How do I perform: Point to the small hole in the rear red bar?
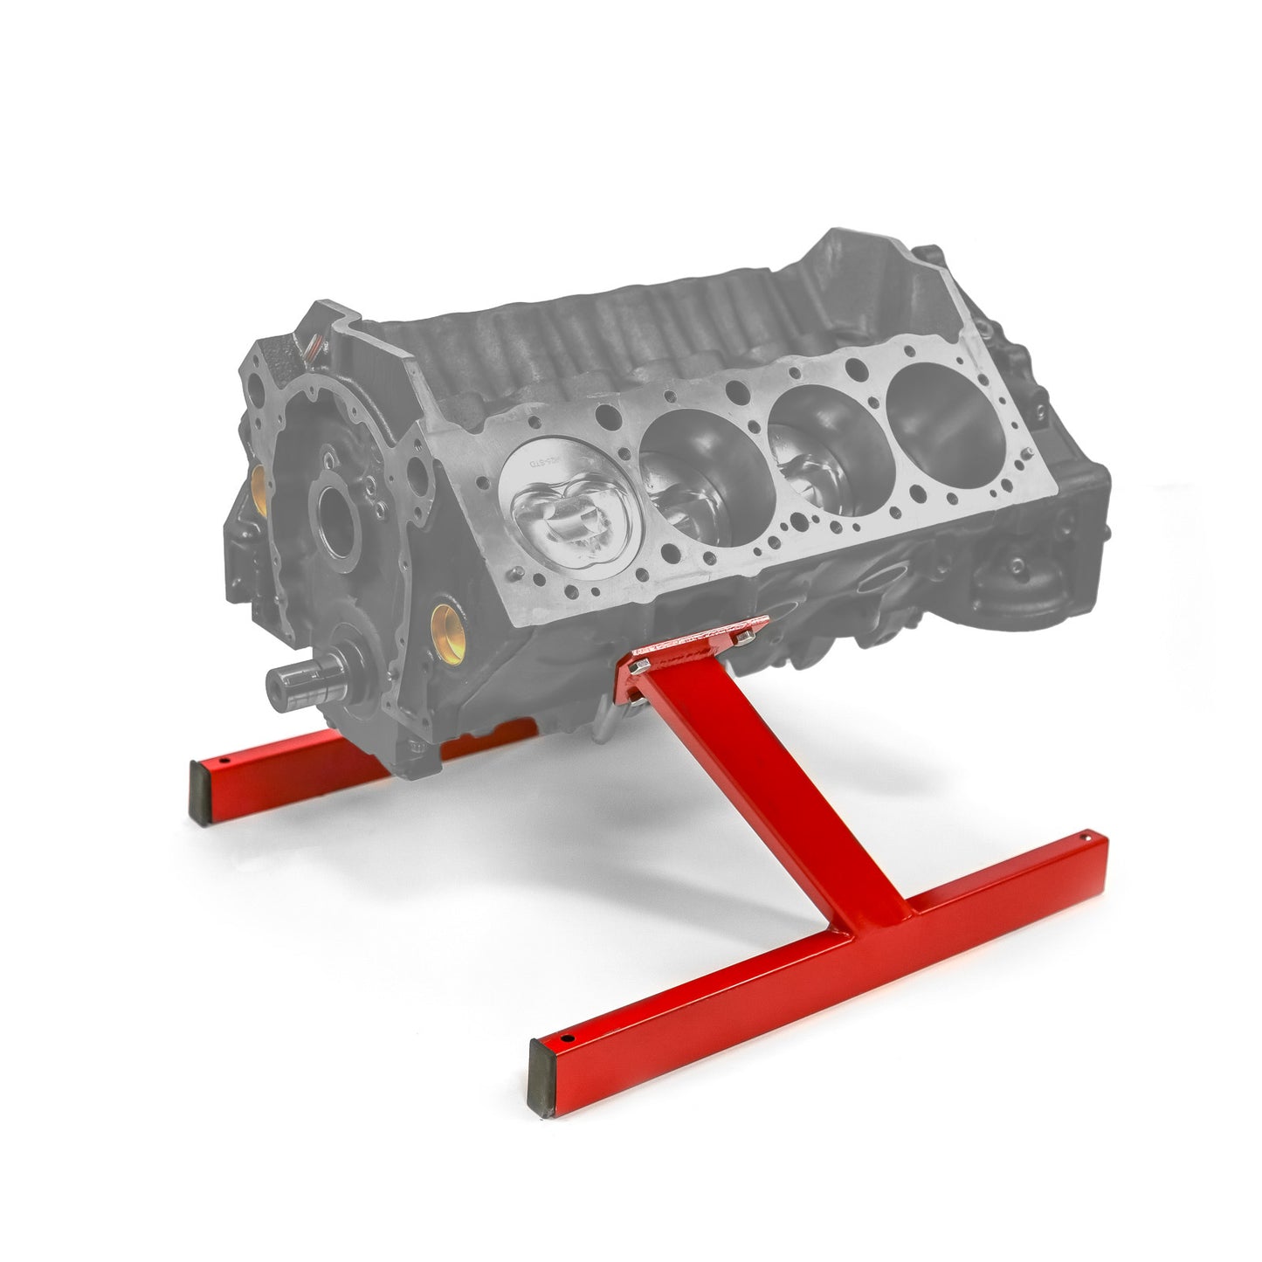pyautogui.click(x=225, y=761)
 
